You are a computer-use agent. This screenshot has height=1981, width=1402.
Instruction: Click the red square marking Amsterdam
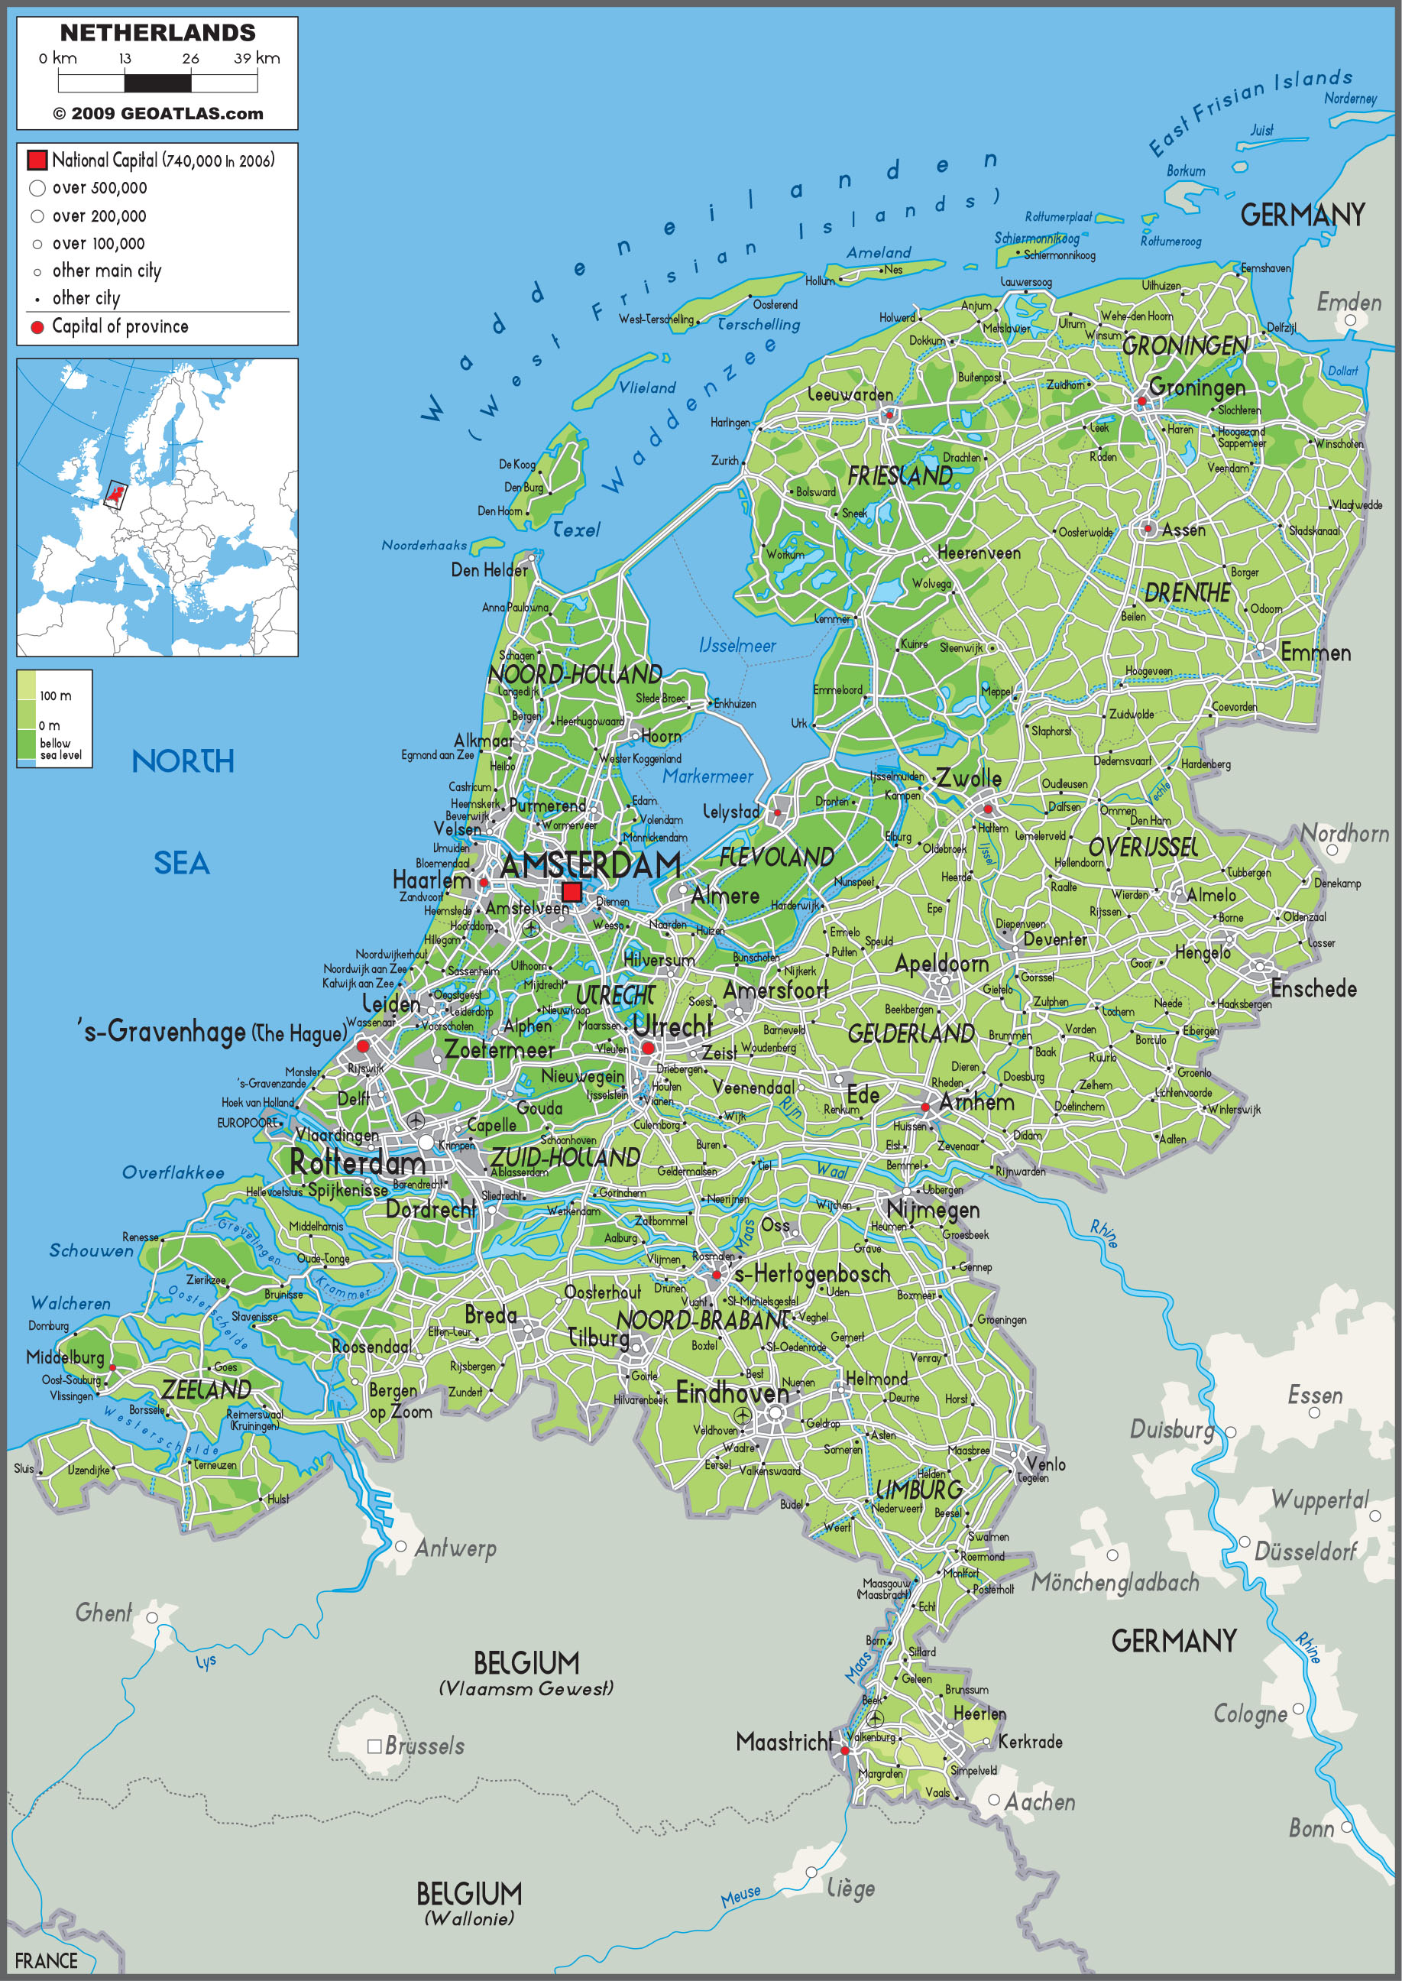click(x=571, y=892)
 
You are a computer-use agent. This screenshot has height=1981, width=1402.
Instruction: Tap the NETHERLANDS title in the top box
click(x=157, y=33)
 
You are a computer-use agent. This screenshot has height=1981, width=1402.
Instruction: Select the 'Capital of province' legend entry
click(x=120, y=326)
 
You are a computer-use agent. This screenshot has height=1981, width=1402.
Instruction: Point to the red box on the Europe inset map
click(x=115, y=494)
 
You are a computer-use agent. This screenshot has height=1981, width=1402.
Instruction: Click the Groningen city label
click(x=1196, y=387)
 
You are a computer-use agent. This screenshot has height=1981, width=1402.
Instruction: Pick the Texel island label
click(x=576, y=530)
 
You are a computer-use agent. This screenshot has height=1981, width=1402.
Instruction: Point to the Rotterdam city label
click(x=357, y=1163)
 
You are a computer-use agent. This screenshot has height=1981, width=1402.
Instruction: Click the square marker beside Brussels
click(x=374, y=1746)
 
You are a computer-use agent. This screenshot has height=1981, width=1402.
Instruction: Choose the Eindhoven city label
click(x=731, y=1393)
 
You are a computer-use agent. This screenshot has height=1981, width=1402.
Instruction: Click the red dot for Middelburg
click(x=112, y=1368)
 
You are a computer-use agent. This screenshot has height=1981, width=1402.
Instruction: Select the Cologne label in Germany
click(x=1249, y=1714)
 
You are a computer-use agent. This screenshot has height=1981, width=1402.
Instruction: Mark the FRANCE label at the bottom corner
click(x=46, y=1961)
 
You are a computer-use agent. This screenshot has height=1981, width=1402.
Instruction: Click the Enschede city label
click(x=1313, y=989)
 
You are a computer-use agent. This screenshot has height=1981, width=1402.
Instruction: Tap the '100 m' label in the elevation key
click(x=55, y=696)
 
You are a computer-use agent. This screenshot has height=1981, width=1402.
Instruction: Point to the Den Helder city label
click(x=489, y=570)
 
